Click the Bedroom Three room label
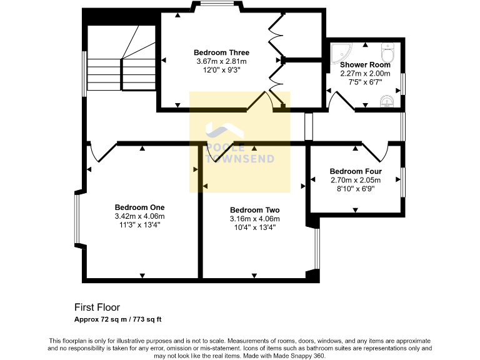[221, 52]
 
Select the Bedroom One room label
[139, 207]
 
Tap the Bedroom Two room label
[254, 210]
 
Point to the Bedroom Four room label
[356, 171]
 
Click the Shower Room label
[365, 64]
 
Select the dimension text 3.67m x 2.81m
[221, 61]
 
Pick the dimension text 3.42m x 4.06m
[139, 216]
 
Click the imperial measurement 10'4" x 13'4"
[254, 227]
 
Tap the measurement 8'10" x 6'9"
[356, 189]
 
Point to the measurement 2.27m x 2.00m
[365, 73]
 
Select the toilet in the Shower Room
[387, 48]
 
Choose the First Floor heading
[97, 307]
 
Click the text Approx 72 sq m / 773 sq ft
[118, 319]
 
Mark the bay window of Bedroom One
[76, 216]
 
